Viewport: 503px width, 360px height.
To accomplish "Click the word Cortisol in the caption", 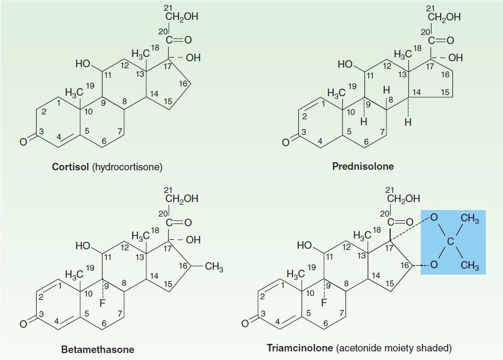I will point(70,167).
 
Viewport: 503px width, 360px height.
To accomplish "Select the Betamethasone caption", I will point(97,350).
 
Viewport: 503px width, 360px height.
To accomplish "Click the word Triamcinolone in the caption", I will point(299,348).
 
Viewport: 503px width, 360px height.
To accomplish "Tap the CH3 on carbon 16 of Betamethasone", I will point(214,267).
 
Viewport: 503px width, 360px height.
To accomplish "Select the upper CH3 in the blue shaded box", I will point(470,219).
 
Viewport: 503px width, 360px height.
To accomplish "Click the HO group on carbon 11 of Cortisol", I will point(84,64).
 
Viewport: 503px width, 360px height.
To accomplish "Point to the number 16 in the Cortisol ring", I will point(183,83).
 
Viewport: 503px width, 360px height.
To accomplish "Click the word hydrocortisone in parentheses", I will point(127,167).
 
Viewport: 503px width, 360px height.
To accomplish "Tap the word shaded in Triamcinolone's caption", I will point(437,348).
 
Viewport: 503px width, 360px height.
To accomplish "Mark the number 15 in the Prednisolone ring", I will point(444,93).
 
